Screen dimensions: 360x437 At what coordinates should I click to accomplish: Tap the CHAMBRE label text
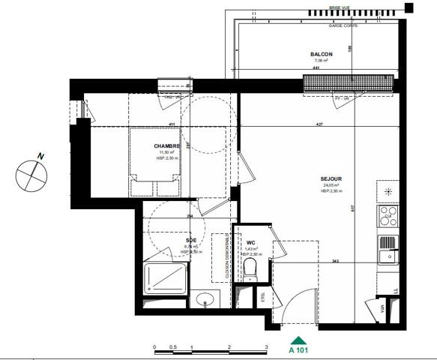point(166,145)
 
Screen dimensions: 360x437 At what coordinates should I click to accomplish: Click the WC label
point(251,243)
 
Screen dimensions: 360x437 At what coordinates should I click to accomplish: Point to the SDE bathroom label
point(191,241)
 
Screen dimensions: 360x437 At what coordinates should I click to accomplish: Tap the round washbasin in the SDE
point(205,301)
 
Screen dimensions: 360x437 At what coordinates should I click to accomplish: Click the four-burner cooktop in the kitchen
point(388,216)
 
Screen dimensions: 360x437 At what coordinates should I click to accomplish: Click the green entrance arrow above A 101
point(300,339)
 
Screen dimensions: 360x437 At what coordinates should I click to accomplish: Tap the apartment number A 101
point(300,349)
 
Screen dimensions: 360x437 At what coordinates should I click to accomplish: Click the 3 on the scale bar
point(267,347)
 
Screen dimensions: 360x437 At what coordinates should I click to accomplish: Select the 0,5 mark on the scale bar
point(173,347)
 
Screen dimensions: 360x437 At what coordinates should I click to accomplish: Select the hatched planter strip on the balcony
point(348,83)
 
